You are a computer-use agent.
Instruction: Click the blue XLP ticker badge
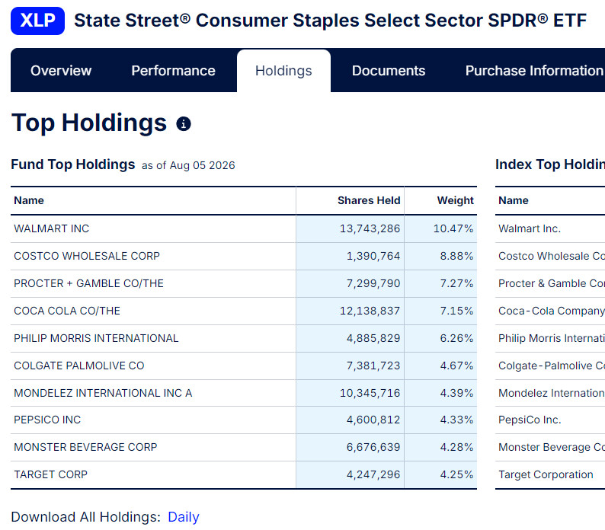pyautogui.click(x=37, y=21)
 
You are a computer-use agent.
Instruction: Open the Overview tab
pyautogui.click(x=61, y=71)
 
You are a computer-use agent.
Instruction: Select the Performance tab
pyautogui.click(x=173, y=71)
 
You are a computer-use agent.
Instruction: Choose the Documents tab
pyautogui.click(x=389, y=71)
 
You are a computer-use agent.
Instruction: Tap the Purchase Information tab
pyautogui.click(x=535, y=71)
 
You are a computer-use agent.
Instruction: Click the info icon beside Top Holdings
pyautogui.click(x=184, y=124)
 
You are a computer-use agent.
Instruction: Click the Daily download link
pyautogui.click(x=184, y=517)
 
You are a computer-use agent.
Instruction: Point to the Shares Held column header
pyautogui.click(x=369, y=200)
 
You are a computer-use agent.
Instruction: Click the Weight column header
pyautogui.click(x=456, y=200)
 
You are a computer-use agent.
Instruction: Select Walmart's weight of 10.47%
pyautogui.click(x=453, y=228)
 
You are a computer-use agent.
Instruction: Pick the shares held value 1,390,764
pyautogui.click(x=373, y=256)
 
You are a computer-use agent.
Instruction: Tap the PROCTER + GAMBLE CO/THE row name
pyautogui.click(x=88, y=283)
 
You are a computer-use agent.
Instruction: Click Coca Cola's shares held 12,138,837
pyautogui.click(x=370, y=311)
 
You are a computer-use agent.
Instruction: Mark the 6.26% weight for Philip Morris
pyautogui.click(x=457, y=338)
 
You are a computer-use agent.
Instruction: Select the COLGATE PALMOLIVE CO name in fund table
pyautogui.click(x=79, y=366)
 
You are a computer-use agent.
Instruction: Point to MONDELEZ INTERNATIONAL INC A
pyautogui.click(x=103, y=393)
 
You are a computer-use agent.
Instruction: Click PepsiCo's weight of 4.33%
pyautogui.click(x=457, y=420)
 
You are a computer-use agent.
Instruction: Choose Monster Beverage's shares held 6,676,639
pyautogui.click(x=373, y=447)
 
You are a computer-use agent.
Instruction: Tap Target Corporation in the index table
pyautogui.click(x=546, y=474)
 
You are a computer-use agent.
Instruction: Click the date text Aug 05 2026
pyautogui.click(x=202, y=165)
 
